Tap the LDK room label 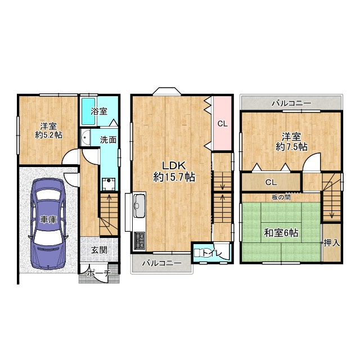(174, 165)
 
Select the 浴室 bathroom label (99, 111)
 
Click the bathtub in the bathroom (88, 111)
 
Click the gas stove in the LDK (139, 240)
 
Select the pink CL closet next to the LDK (222, 124)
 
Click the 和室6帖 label (281, 233)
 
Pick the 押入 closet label (332, 243)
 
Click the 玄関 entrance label (99, 250)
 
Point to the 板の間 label (281, 197)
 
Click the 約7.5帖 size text (291, 147)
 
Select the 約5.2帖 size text (48, 135)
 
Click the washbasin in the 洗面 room (85, 137)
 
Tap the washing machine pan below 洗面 (109, 184)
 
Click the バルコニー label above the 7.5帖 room (291, 103)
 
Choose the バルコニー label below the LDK (161, 263)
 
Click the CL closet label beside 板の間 (271, 182)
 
